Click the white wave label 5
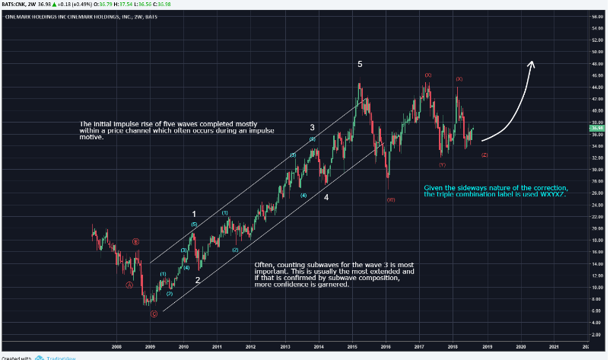[361, 65]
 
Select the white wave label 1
[194, 214]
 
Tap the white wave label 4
[326, 198]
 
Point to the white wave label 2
[197, 279]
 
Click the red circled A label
[129, 285]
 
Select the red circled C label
[154, 314]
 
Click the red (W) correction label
[390, 199]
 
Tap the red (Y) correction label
[442, 164]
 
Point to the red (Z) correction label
[485, 155]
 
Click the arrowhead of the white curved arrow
[532, 65]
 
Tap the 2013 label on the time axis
[284, 346]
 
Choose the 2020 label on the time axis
[520, 346]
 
